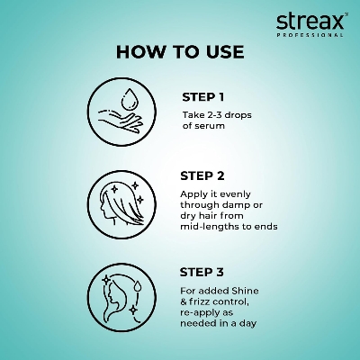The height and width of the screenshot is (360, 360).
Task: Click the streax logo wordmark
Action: point(309,19)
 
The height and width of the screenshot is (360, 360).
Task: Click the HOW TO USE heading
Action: point(180,52)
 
